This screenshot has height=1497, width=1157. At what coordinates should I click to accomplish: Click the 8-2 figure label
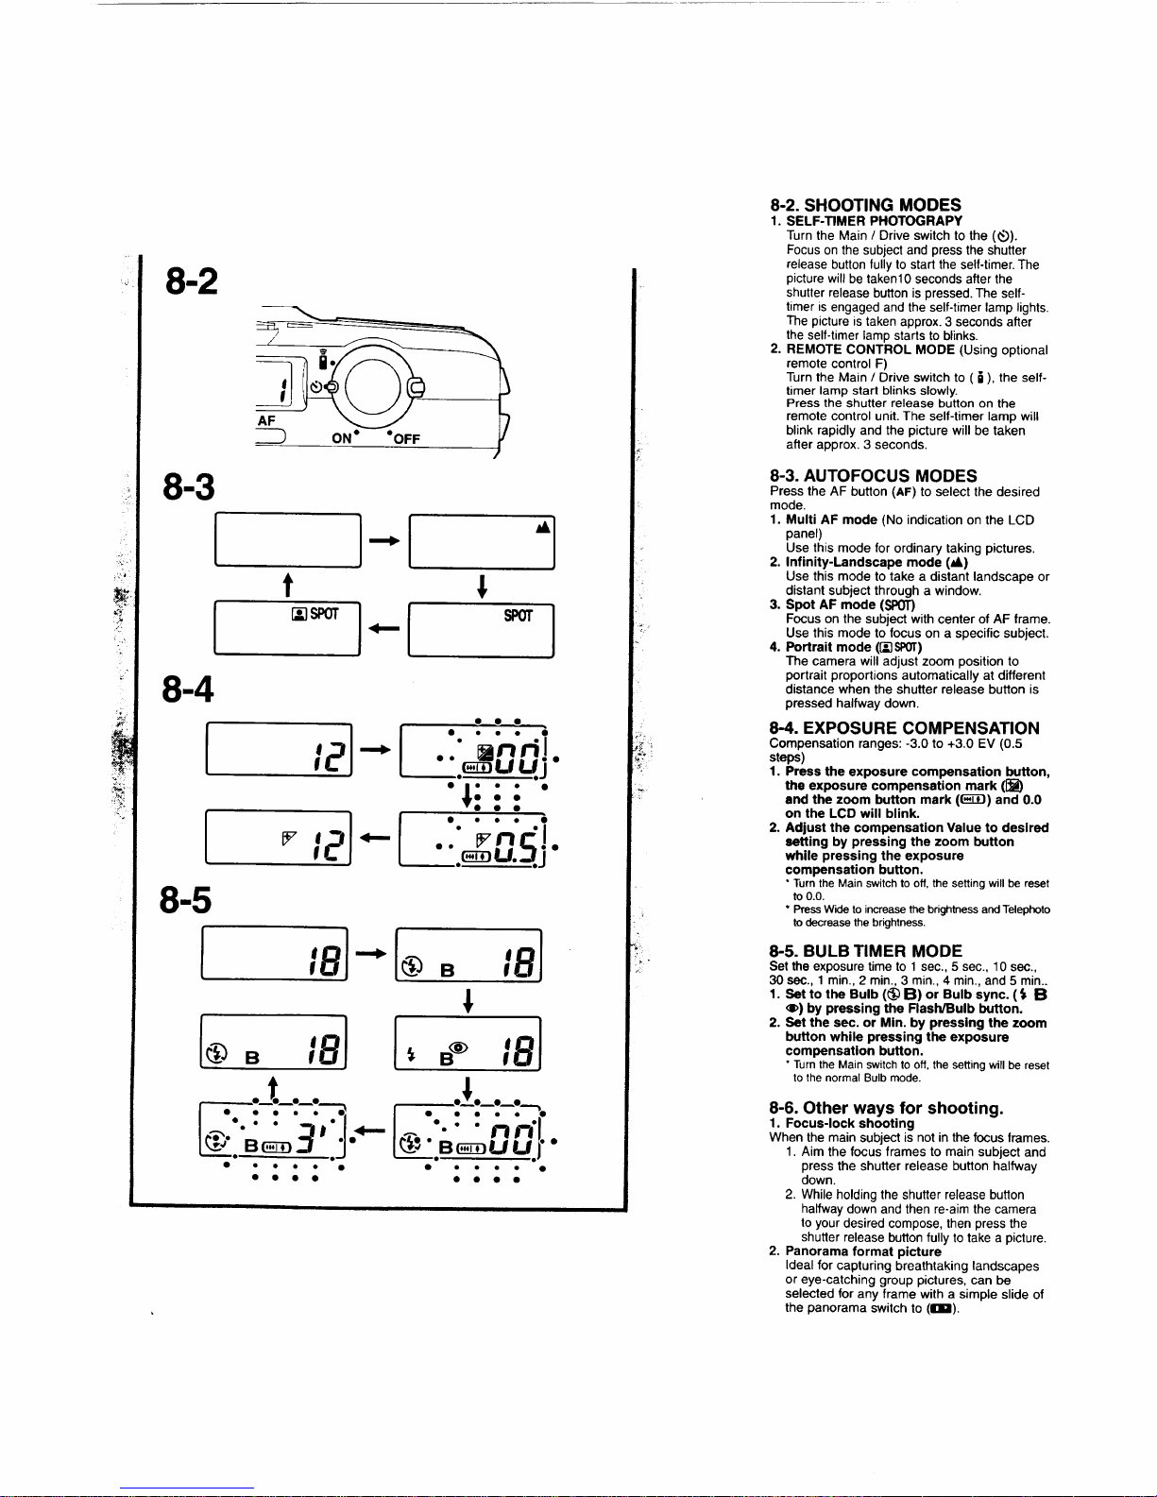pyautogui.click(x=192, y=281)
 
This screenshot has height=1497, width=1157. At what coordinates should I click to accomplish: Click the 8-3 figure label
pyautogui.click(x=189, y=486)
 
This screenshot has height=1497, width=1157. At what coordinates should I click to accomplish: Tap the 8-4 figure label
pyautogui.click(x=187, y=689)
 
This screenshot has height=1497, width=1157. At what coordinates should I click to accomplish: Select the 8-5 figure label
pyautogui.click(x=185, y=900)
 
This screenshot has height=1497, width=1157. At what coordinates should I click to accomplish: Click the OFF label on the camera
pyautogui.click(x=406, y=439)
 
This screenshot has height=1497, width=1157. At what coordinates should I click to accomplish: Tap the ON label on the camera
pyautogui.click(x=342, y=438)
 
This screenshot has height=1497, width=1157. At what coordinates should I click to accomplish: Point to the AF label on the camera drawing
pyautogui.click(x=266, y=420)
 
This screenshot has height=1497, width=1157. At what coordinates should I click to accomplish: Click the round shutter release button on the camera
pyautogui.click(x=372, y=386)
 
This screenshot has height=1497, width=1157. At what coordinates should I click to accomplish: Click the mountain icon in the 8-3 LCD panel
pyautogui.click(x=543, y=527)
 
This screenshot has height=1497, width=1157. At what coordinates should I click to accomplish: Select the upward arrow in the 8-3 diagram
pyautogui.click(x=288, y=585)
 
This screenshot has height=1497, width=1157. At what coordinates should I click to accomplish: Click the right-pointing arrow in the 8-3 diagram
pyautogui.click(x=384, y=540)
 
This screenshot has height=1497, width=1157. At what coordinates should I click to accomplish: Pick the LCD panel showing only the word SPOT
pyautogui.click(x=482, y=630)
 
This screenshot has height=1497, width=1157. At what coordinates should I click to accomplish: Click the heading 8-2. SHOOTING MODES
pyautogui.click(x=865, y=205)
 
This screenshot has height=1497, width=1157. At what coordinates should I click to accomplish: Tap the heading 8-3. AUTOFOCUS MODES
pyautogui.click(x=874, y=476)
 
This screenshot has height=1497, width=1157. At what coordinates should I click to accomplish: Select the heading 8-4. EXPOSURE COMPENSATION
pyautogui.click(x=904, y=728)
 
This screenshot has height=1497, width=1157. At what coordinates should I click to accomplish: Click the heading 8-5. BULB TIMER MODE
pyautogui.click(x=866, y=951)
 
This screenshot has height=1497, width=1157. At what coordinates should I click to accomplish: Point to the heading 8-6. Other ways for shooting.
pyautogui.click(x=886, y=1108)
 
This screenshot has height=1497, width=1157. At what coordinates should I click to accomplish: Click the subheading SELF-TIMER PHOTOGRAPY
pyautogui.click(x=874, y=221)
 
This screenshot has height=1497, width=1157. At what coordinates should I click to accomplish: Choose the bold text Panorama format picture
pyautogui.click(x=863, y=1251)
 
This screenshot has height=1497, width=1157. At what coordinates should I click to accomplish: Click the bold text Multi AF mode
pyautogui.click(x=831, y=520)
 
